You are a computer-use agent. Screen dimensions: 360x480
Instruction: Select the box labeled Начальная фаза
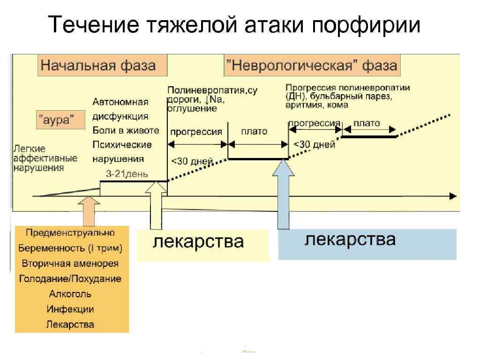103,65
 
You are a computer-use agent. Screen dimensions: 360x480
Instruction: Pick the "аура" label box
60,120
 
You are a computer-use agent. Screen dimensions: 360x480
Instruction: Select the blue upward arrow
284,192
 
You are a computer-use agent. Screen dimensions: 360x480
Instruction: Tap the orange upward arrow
89,210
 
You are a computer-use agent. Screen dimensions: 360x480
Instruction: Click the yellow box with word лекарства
202,244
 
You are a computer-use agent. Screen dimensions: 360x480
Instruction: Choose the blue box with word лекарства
367,243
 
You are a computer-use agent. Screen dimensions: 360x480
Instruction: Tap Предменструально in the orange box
70,232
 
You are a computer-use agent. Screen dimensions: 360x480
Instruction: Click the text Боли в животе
126,130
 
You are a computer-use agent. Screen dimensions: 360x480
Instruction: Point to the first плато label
254,131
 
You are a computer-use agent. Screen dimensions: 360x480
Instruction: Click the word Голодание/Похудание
70,278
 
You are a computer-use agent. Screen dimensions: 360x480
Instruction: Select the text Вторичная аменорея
70,263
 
